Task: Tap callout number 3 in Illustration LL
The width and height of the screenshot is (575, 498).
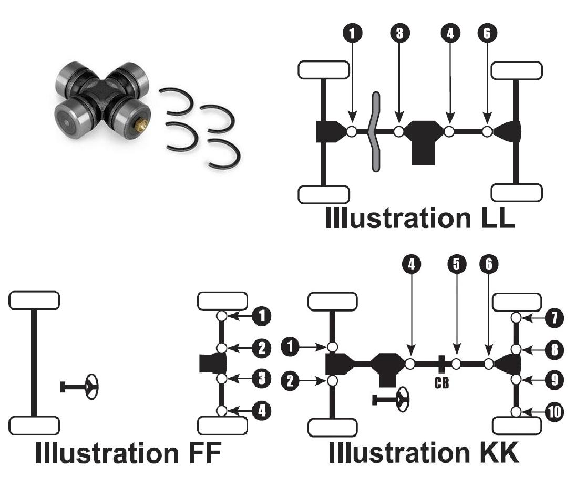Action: tap(399, 33)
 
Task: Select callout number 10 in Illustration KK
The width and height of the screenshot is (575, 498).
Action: tap(554, 412)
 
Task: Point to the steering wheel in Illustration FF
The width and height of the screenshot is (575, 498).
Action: tap(91, 387)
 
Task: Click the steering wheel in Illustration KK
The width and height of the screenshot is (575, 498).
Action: tap(402, 400)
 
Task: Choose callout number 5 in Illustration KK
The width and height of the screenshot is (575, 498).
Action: tap(456, 265)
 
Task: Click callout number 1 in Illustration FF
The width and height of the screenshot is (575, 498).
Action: tap(261, 316)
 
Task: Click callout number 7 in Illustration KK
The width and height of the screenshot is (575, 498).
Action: tap(554, 317)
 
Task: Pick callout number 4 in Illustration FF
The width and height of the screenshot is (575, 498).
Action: tap(261, 410)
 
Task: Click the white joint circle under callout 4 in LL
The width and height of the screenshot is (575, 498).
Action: tap(449, 131)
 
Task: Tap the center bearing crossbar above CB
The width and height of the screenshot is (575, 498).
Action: tap(441, 363)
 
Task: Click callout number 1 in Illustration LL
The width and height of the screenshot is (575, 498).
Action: tap(352, 33)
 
